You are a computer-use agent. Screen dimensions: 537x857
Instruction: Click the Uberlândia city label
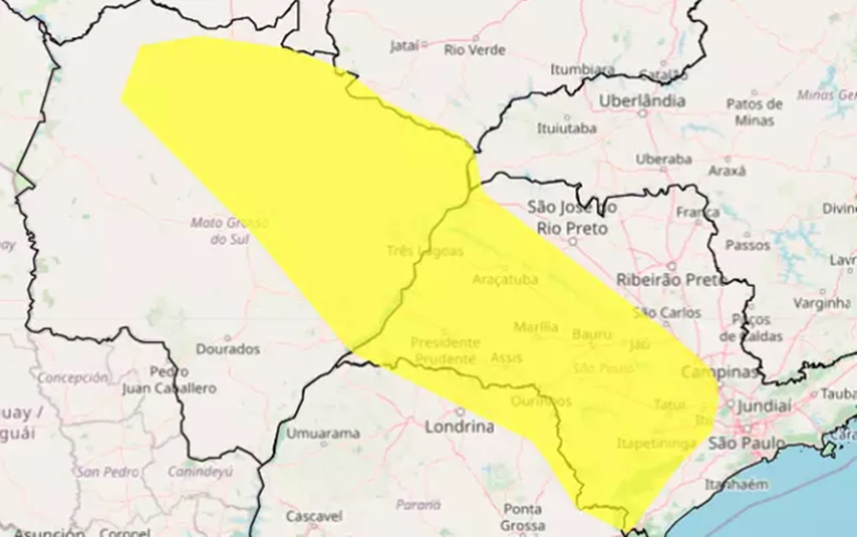point(642,101)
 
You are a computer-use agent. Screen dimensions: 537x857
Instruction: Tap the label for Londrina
point(461,427)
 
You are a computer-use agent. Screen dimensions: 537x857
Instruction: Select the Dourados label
point(227,349)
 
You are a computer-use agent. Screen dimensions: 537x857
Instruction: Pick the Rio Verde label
point(473,50)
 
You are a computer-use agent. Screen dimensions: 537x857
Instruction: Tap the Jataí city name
point(405,46)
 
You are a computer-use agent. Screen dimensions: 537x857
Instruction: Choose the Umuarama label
point(322,433)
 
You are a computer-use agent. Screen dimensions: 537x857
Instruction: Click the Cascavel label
point(314,516)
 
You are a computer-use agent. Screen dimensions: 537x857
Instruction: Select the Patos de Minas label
point(754,112)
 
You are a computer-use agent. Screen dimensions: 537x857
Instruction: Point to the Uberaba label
point(663,159)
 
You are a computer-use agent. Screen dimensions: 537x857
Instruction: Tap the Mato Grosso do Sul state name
point(229,231)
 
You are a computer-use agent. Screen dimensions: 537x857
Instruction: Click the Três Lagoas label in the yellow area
point(424,252)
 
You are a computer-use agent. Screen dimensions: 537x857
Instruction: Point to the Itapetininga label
point(656,443)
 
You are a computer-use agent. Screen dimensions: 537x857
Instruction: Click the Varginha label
point(820,303)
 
